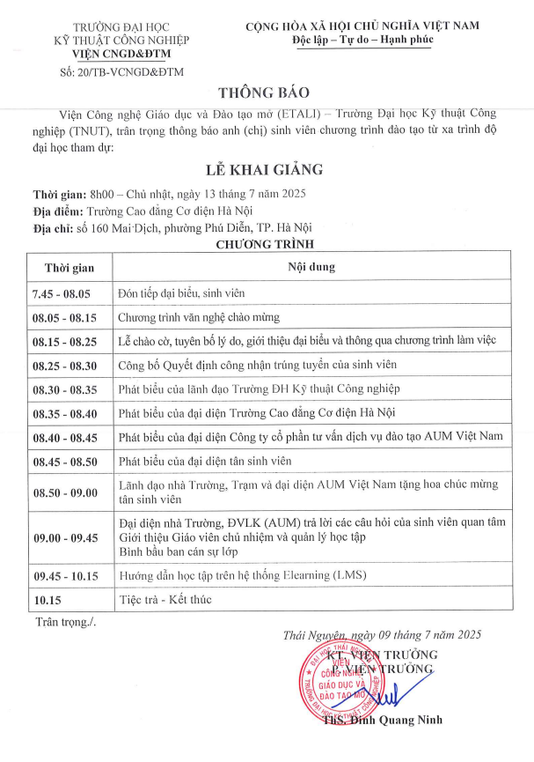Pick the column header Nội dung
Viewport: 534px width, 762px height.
coord(311,267)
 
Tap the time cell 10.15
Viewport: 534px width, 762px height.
coord(45,599)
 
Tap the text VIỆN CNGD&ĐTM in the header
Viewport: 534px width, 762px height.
coord(120,54)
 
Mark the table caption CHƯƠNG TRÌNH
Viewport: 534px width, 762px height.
coord(265,244)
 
